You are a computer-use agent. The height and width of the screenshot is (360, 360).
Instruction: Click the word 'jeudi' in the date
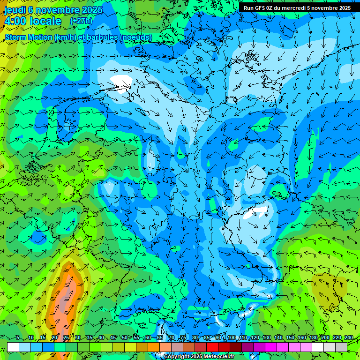(15, 10)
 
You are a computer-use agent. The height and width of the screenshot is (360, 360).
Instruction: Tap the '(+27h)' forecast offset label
(81, 21)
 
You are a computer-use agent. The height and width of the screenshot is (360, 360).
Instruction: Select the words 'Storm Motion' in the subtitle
(28, 37)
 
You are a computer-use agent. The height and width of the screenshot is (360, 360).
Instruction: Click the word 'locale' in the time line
(45, 21)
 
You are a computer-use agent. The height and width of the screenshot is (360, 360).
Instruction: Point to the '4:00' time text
(15, 21)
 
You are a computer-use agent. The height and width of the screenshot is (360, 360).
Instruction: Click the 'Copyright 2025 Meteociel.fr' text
(198, 356)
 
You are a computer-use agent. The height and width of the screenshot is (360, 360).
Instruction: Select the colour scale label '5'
(17, 337)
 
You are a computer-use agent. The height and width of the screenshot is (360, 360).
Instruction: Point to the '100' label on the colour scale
(232, 337)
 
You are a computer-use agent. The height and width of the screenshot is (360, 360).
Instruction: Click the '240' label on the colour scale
(349, 337)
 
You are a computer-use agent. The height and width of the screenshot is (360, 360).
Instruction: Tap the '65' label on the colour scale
(160, 337)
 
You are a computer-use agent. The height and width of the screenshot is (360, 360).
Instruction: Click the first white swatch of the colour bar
(13, 347)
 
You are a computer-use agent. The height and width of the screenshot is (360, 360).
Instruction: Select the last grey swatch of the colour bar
(341, 347)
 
